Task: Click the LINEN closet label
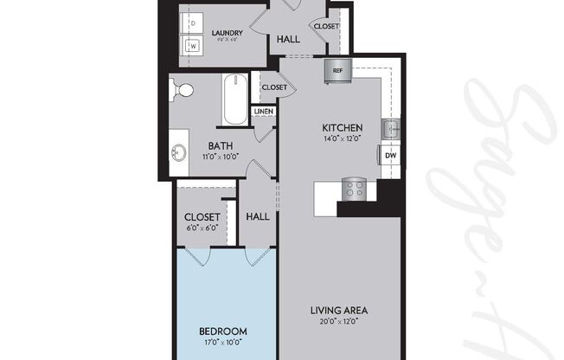point(263,111)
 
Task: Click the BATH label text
point(219,146)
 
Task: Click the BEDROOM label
point(223,331)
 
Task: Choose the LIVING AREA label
point(339,310)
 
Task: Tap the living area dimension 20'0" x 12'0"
point(339,321)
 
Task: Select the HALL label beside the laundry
point(289,39)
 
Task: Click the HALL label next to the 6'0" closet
point(257,218)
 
